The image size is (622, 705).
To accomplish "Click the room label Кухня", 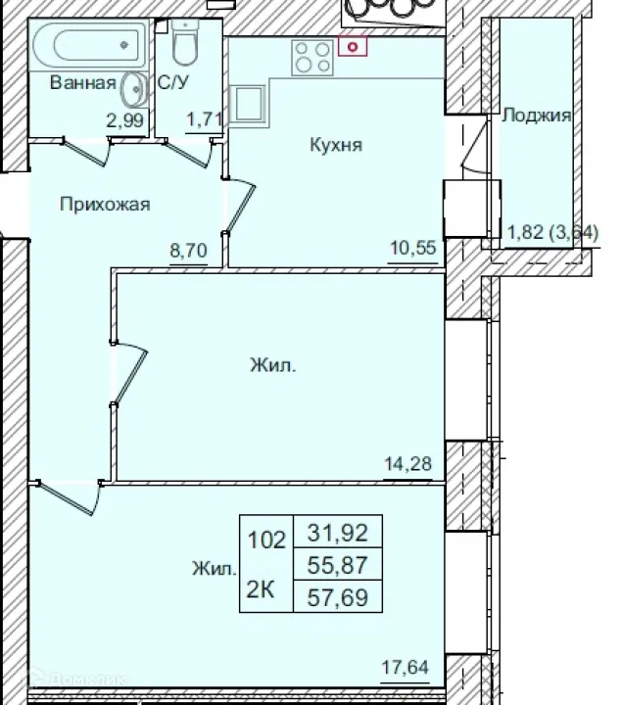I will (x=336, y=145).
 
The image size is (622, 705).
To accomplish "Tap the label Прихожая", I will (x=104, y=204).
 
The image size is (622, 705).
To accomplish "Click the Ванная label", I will (x=83, y=83).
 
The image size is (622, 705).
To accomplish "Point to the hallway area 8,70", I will (x=188, y=250).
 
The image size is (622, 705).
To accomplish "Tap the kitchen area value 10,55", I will (x=411, y=247).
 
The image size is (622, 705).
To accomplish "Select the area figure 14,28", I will (x=411, y=462).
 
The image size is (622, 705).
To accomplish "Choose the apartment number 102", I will (x=265, y=539).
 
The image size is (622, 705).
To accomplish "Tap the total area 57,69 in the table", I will (x=337, y=595).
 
